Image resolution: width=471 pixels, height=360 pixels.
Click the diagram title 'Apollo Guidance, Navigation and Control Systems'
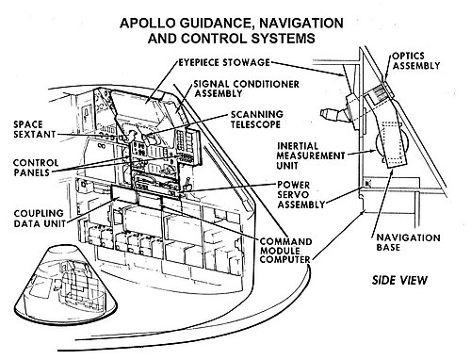232,30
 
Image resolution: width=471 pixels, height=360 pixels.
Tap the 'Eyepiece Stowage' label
224,62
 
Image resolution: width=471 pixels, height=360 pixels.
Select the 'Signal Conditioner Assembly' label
246,89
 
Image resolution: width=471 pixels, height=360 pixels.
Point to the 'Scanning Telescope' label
257,120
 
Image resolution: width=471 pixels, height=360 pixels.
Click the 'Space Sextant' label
35,129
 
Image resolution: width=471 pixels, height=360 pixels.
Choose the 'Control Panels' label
36,168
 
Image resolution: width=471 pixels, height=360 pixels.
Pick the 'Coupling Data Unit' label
40,219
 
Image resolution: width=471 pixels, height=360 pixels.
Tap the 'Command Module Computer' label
285,251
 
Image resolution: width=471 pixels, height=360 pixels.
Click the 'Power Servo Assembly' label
300,195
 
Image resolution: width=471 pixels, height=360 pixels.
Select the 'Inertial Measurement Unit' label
311,155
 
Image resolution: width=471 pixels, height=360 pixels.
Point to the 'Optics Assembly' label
415,60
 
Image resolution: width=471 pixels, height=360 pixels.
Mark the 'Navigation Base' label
408,242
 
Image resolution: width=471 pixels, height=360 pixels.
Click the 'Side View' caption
399,280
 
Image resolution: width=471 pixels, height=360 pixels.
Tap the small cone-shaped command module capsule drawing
65,287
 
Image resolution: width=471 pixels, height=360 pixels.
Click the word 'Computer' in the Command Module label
284,259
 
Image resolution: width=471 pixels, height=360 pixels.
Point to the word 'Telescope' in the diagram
255,124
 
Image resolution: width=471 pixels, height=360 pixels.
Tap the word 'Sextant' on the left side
35,135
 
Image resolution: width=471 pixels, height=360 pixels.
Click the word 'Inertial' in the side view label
298,146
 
